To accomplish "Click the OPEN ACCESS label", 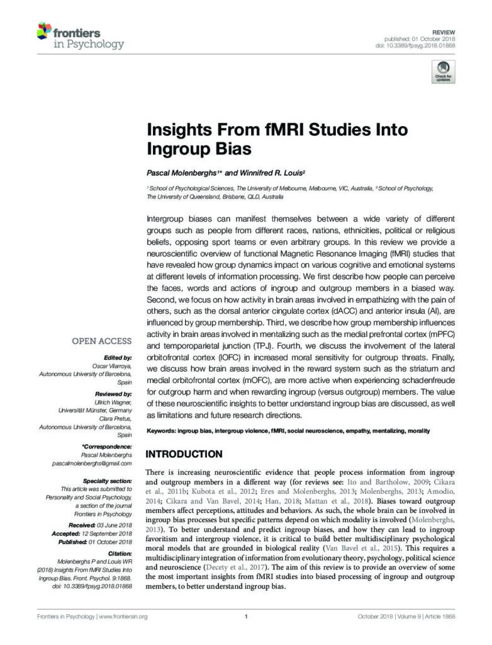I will (102, 341).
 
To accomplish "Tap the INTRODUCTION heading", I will (184, 454).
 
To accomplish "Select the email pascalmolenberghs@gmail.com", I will (92, 463).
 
